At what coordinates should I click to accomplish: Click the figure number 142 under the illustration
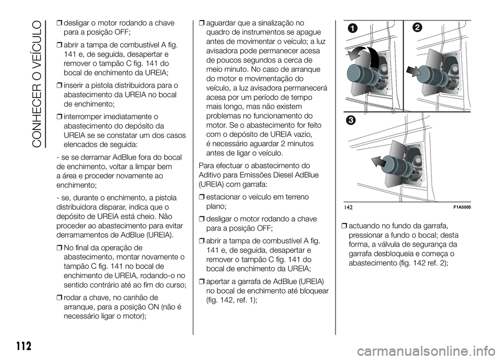(349, 208)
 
